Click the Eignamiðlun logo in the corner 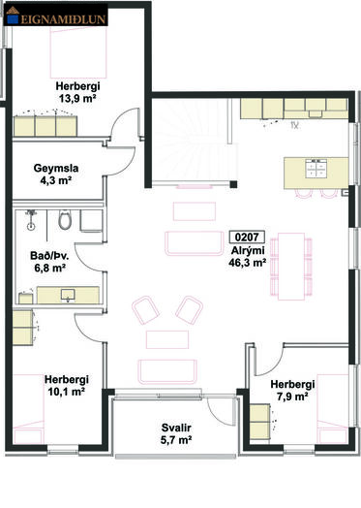(x=55, y=16)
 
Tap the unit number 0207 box (x=247, y=238)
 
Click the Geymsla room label (x=56, y=169)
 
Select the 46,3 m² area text (x=248, y=263)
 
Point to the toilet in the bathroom (x=65, y=220)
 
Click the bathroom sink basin (x=68, y=295)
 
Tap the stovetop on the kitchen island (x=316, y=169)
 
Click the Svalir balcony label (x=176, y=428)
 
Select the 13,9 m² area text (x=77, y=98)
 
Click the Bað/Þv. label (x=49, y=256)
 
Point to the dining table (x=291, y=267)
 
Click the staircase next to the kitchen (x=193, y=142)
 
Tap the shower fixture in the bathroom (x=31, y=219)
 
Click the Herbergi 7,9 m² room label (x=292, y=391)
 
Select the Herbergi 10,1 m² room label (x=67, y=386)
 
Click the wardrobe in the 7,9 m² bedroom (x=259, y=422)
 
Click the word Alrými (x=248, y=250)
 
